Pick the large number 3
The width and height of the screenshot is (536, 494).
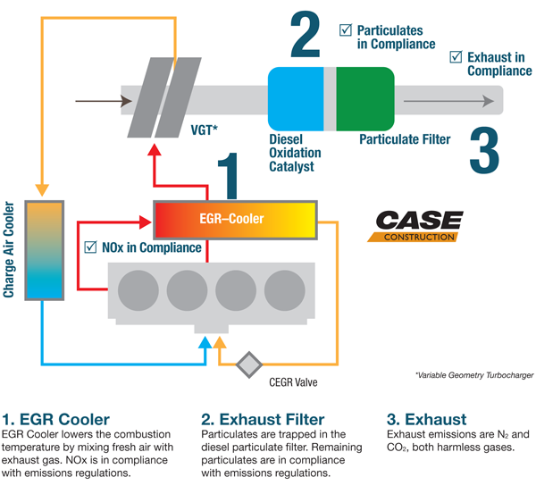point(482,151)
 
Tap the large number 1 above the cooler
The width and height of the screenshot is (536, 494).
point(229,174)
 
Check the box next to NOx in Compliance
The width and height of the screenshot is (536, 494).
point(89,247)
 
